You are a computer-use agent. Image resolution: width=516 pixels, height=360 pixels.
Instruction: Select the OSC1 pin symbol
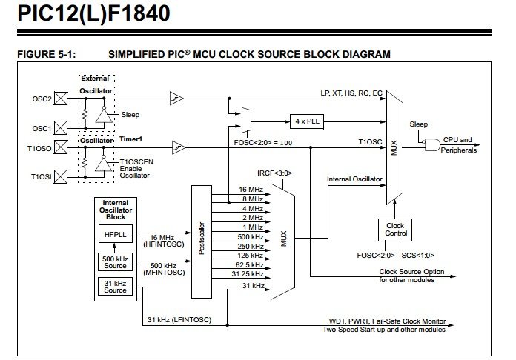[x=62, y=128]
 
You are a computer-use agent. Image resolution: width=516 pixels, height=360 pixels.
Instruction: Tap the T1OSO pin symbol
[x=62, y=147]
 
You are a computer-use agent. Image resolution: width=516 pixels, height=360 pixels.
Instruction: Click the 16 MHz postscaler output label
[x=247, y=189]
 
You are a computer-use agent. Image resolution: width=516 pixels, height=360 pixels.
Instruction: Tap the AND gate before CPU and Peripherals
[x=431, y=146]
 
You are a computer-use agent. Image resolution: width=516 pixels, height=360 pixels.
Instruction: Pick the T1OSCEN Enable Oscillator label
[x=134, y=170]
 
